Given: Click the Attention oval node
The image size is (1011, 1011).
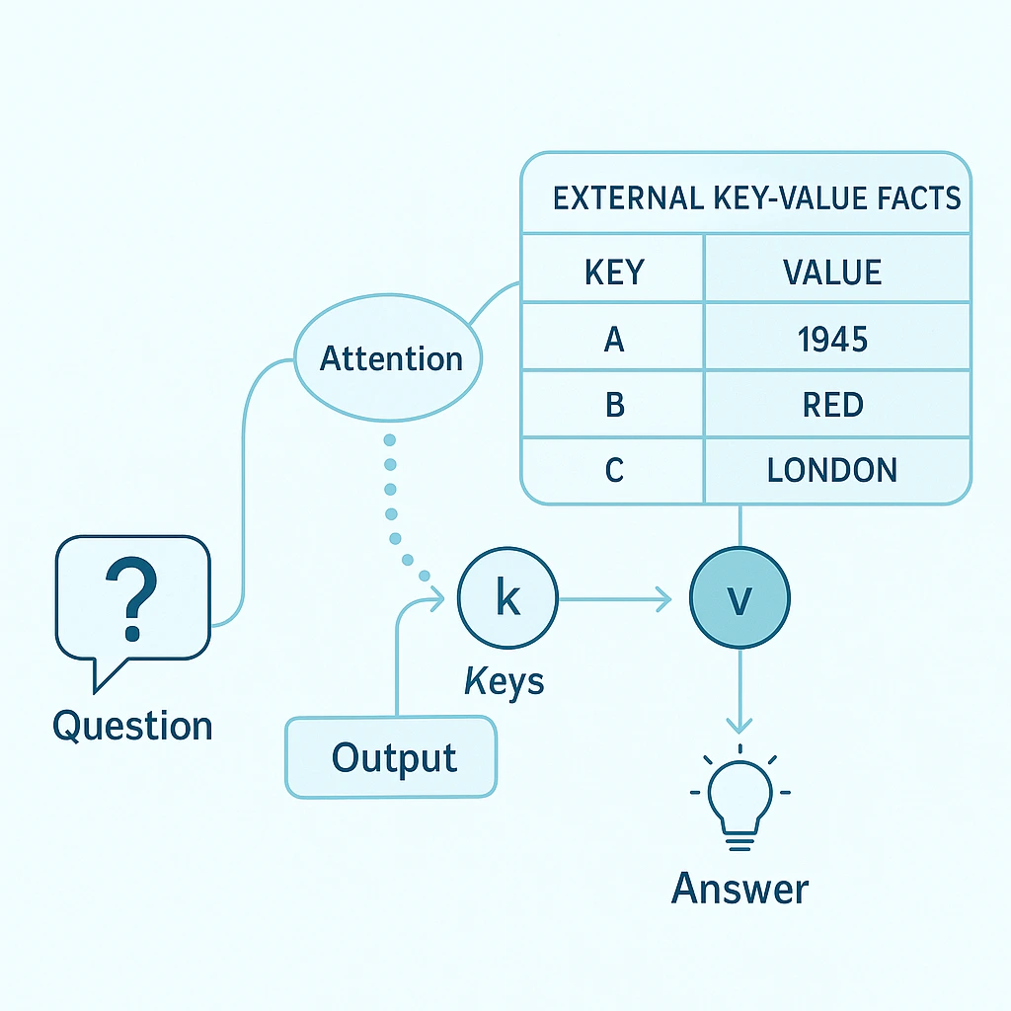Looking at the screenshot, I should tap(391, 357).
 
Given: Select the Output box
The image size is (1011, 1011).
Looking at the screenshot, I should tap(392, 757).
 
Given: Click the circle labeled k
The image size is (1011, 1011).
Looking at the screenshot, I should tap(507, 599).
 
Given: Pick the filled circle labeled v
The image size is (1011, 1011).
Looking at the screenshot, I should tap(739, 597).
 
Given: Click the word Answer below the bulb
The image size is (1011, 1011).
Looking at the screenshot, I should tap(739, 889).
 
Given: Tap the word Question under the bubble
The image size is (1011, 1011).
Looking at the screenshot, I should tap(132, 726).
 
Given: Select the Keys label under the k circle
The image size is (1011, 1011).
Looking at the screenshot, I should tap(504, 680).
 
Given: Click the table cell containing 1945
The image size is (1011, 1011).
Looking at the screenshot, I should tap(833, 339).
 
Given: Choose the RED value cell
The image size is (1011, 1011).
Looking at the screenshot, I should tap(833, 405).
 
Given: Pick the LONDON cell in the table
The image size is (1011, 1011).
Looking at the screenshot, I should tap(833, 470).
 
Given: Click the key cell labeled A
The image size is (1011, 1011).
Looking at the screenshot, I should tap(614, 339).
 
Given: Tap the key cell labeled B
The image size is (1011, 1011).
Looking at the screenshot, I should tap(614, 405).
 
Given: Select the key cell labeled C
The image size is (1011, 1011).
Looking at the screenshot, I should tap(614, 470).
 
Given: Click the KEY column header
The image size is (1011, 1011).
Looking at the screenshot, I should tap(614, 272).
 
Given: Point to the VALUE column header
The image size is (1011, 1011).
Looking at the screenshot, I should tap(833, 272).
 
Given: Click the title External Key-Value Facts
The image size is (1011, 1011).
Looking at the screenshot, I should tap(756, 197).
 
